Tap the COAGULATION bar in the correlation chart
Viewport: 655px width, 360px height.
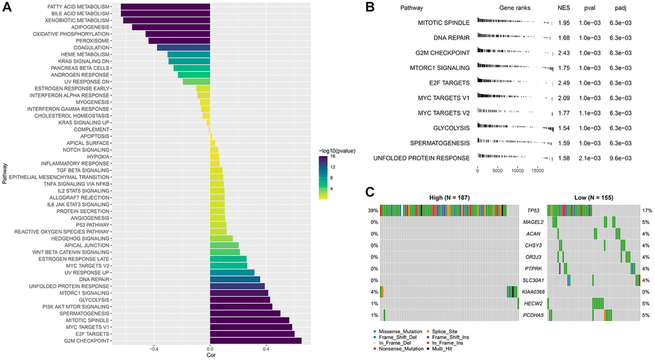click(x=184, y=47)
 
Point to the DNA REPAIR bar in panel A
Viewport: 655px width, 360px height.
click(x=235, y=279)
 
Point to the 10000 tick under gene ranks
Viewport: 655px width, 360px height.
click(x=518, y=171)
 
